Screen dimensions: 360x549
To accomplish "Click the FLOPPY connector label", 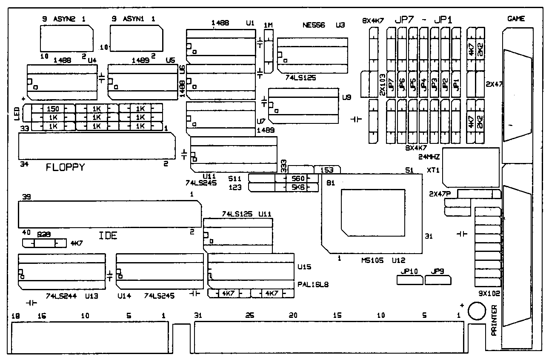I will pos(65,168).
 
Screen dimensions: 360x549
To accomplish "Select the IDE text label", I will pos(108,235).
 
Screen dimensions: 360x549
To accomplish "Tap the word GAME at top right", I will pos(516,19).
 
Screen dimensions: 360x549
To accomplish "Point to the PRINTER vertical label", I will pos(494,320).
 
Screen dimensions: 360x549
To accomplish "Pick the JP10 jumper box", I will pos(409,279).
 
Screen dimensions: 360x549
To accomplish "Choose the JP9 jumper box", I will pos(437,279).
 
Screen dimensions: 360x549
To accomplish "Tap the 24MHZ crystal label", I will pos(429,157).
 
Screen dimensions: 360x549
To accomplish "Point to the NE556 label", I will pos(314,25).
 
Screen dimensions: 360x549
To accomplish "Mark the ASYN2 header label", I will pos(63,19).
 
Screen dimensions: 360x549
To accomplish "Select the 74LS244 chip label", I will pos(61,296).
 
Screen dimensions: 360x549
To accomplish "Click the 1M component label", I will pos(268,25).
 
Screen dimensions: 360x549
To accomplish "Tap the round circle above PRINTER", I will pos(476,310).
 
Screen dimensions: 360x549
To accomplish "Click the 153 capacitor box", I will pos(326,169).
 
